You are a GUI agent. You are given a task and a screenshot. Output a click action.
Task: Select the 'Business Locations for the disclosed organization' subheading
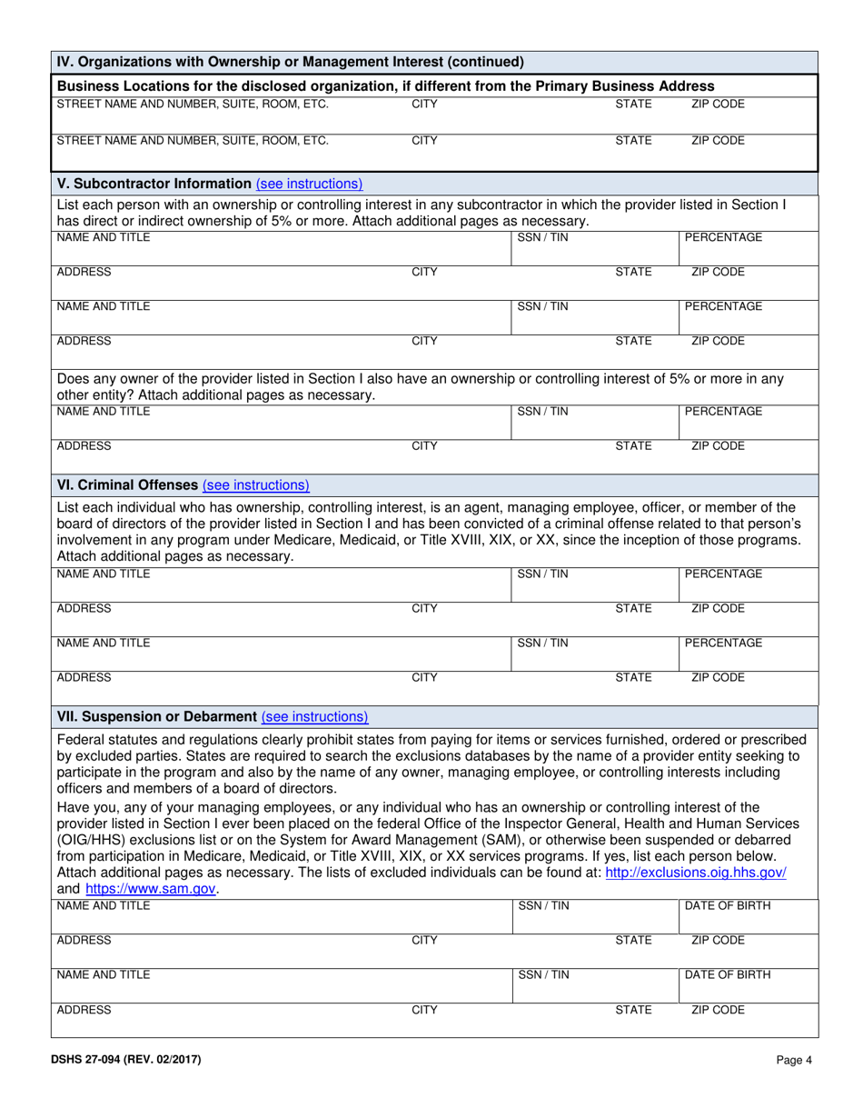coord(372,86)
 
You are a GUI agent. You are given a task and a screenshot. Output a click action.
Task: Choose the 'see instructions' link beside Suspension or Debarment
coord(314,716)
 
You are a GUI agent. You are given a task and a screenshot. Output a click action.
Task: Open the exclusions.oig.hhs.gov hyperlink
coord(695,872)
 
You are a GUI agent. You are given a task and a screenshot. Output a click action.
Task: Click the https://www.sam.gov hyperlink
coord(151,889)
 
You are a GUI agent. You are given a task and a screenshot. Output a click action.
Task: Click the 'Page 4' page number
coord(794,1059)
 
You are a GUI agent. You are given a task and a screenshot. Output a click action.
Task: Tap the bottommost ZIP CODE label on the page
coord(718,1009)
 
